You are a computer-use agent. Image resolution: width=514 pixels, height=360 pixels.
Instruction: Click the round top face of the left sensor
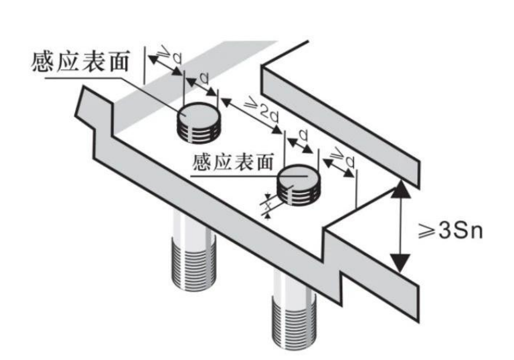click(x=198, y=113)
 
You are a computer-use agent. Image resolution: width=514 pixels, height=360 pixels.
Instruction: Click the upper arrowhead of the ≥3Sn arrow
click(x=401, y=190)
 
